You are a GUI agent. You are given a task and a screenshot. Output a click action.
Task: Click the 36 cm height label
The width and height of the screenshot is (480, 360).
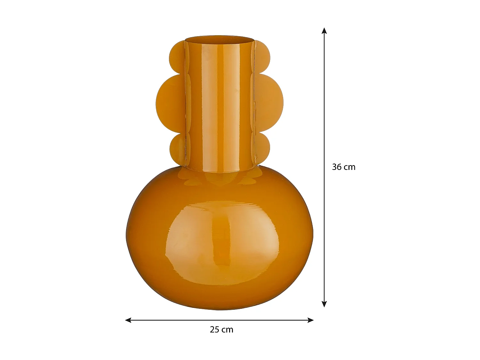(343, 167)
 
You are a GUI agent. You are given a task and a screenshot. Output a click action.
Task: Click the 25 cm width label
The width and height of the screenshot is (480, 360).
(221, 330)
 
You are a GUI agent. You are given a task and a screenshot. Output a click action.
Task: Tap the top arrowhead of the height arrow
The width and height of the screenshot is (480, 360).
(324, 31)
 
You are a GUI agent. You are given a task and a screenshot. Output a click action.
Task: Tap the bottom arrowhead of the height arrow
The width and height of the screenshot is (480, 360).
(324, 304)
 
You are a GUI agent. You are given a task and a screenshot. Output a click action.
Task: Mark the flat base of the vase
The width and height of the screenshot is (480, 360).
(220, 308)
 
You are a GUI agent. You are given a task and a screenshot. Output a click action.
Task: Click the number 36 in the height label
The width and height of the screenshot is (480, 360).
(337, 167)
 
